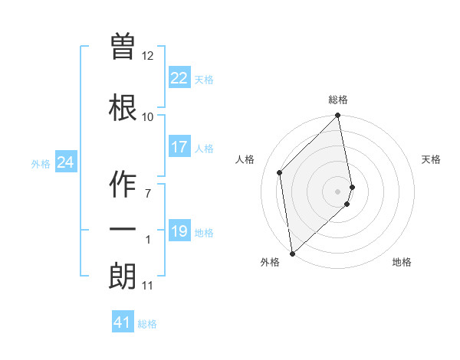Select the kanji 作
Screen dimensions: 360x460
(x=123, y=183)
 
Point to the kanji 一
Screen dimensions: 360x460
(x=123, y=229)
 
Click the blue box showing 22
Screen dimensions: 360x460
(x=179, y=78)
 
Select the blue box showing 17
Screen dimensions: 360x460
(x=179, y=147)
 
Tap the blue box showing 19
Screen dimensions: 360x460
(x=179, y=231)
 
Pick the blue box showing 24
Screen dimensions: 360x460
(x=66, y=162)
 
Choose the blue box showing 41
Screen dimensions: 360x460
(x=123, y=322)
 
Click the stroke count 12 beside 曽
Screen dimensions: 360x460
(x=148, y=56)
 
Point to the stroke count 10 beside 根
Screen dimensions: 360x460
(x=148, y=117)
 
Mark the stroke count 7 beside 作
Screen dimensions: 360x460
(x=148, y=194)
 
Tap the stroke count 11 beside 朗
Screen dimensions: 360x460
(x=148, y=286)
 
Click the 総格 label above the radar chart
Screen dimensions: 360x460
(x=338, y=100)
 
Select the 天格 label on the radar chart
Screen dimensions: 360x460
(x=431, y=159)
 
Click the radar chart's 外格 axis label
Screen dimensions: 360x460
(x=270, y=262)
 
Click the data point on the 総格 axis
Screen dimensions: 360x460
(x=338, y=116)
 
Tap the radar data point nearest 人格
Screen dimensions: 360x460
(x=280, y=172)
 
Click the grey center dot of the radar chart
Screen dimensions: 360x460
(x=338, y=191)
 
